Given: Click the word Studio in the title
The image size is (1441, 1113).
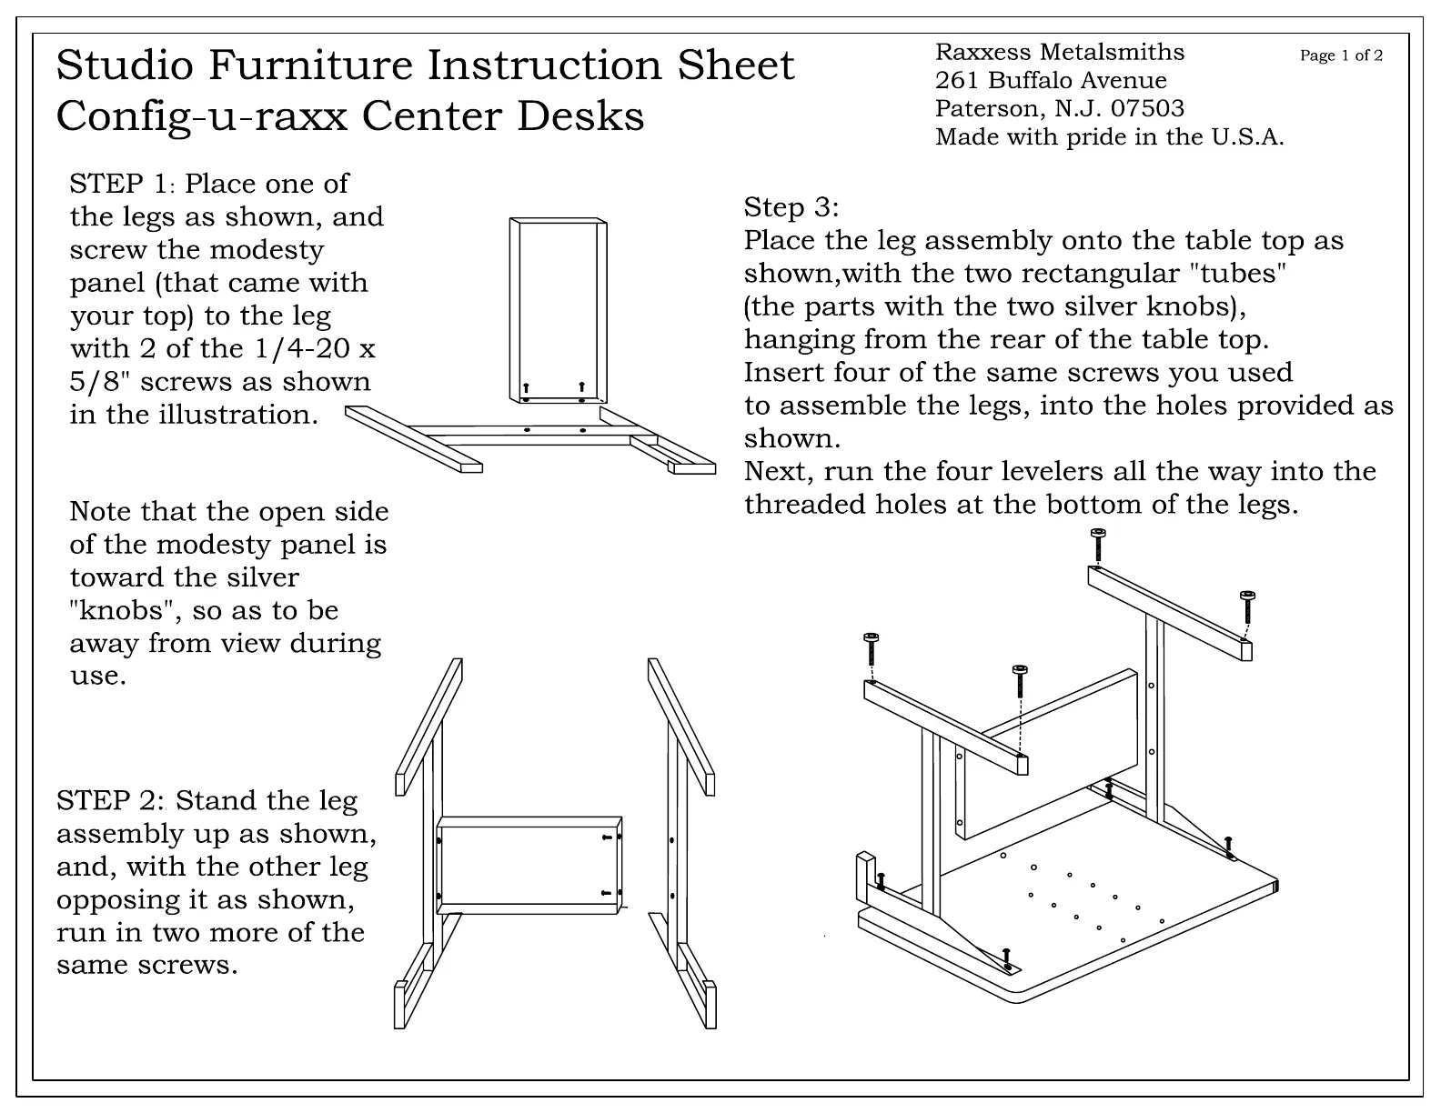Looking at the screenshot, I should point(125,65).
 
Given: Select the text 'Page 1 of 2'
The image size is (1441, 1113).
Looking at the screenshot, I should point(1341,55).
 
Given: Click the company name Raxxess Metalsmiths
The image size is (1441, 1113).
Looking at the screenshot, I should point(1060,53).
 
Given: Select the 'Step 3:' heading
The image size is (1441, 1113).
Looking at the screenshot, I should point(791,207).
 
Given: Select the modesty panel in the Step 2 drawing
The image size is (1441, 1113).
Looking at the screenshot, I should point(528,864).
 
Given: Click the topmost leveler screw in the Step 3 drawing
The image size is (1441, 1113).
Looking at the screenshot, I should point(1098,544).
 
